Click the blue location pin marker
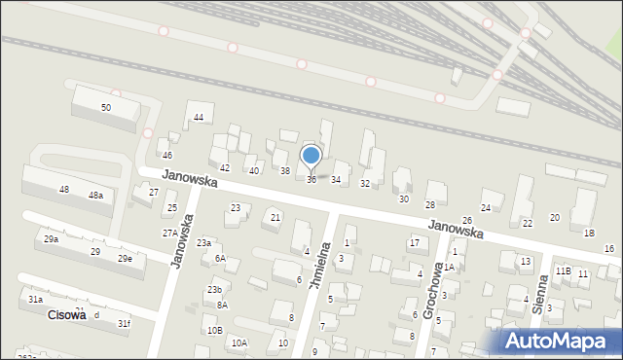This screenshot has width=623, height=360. point(311,157)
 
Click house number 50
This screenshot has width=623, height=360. point(105,107)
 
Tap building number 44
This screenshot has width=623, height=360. point(199,118)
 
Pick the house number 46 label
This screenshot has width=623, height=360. point(167,156)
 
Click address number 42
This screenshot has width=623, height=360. point(225,168)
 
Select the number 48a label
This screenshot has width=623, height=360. point(95,196)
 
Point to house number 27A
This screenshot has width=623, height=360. point(170,234)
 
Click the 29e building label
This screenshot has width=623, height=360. point(125,259)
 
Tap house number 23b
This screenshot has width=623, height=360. point(214,290)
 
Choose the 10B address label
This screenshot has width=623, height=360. point(214,331)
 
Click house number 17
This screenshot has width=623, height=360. point(414,242)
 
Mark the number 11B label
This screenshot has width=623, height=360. point(563,270)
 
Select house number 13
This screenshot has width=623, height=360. point(526,262)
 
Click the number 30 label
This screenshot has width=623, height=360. point(404,198)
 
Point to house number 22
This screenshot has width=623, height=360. point(528,224)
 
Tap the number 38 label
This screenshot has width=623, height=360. point(285,171)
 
